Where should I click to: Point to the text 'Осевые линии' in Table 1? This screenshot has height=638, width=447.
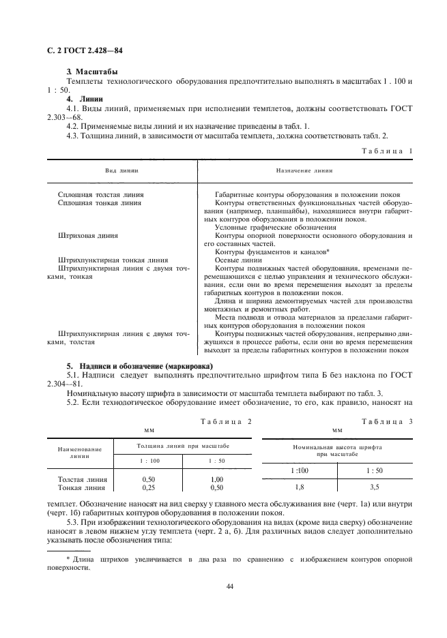click(x=238, y=260)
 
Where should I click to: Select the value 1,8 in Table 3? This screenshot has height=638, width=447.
click(x=299, y=487)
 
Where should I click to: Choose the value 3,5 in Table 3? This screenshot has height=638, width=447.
click(x=375, y=487)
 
